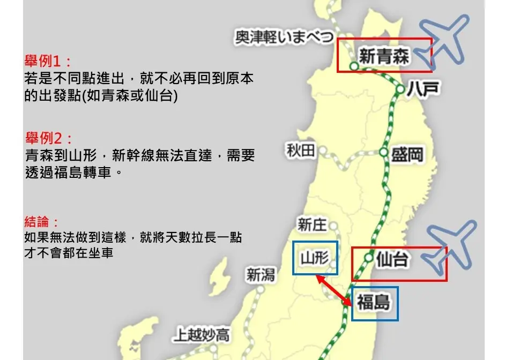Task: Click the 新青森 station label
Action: point(384,56)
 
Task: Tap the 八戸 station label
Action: point(423,89)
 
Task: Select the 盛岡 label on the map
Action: point(407,155)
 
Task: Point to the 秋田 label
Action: point(301,152)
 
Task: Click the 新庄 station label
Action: point(312,224)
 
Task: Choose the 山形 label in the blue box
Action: point(315,258)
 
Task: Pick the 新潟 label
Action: point(261,275)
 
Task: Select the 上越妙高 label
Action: point(201,335)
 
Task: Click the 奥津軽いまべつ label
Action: point(285,37)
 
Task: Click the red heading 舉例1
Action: point(47,60)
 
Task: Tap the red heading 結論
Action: point(41,221)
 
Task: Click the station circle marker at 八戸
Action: point(401,89)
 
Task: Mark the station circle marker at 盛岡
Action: point(383,153)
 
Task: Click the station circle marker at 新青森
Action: point(354,66)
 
